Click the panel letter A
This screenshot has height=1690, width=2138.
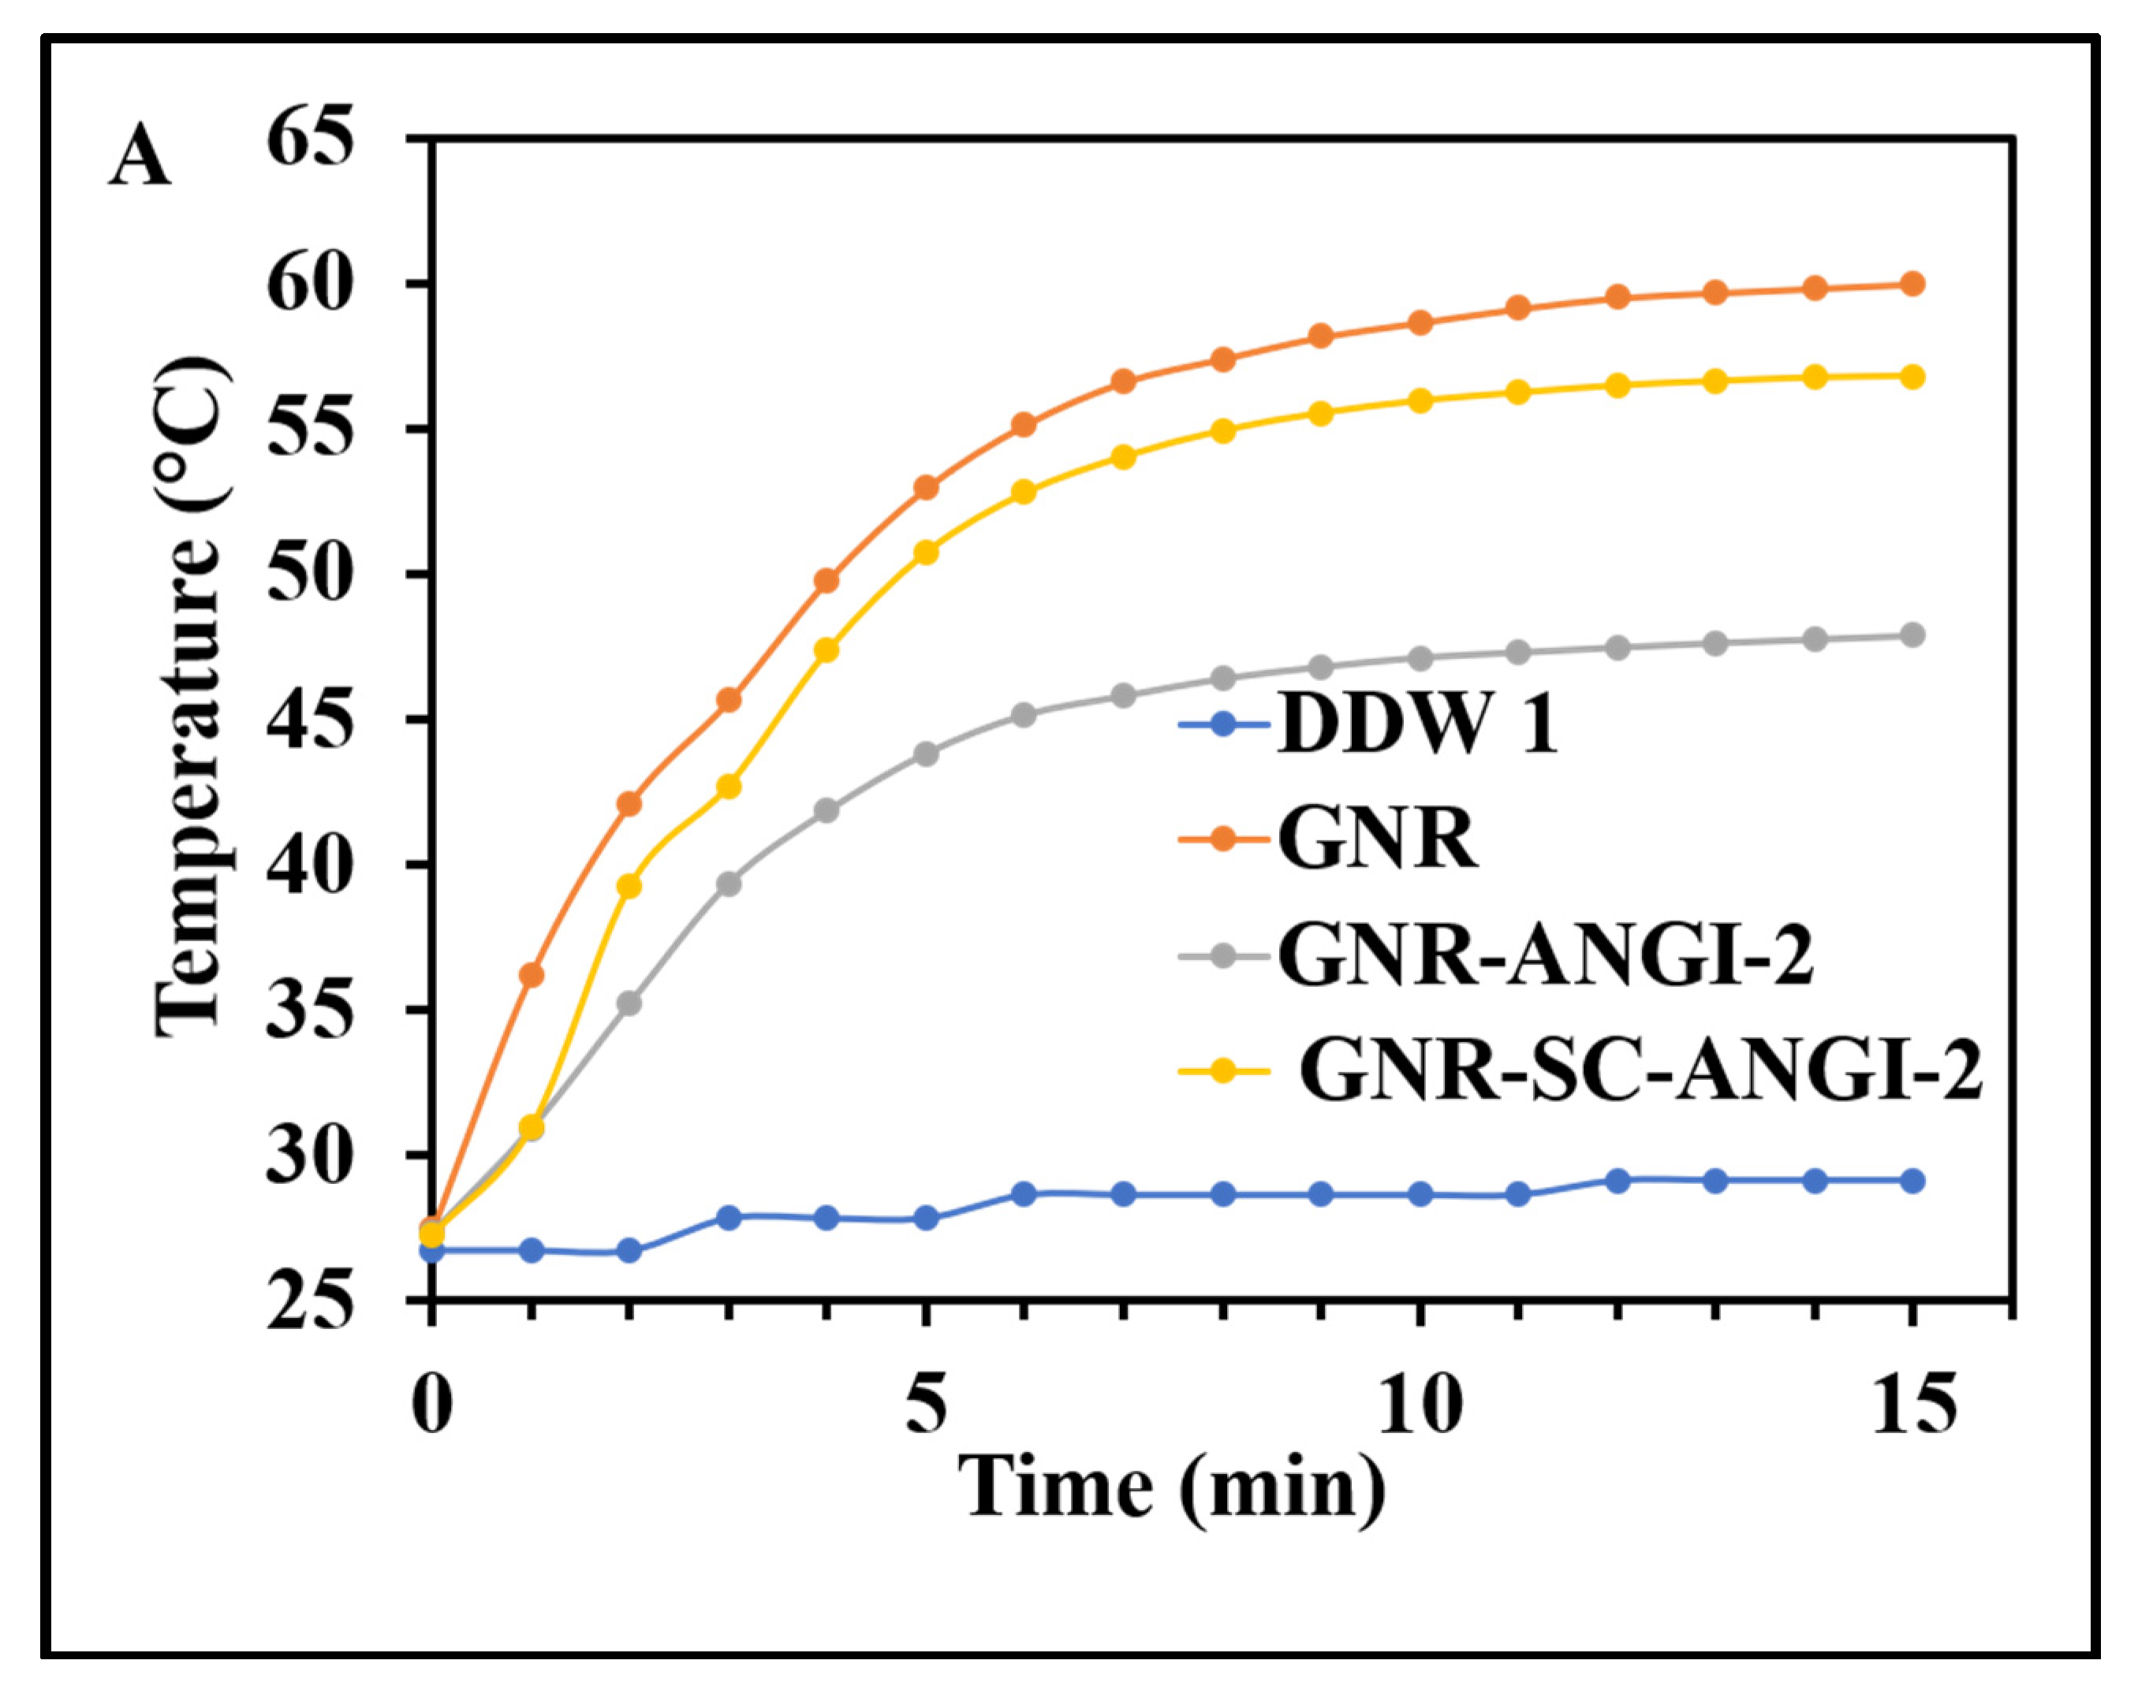click(140, 158)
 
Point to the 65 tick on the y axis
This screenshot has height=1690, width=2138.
click(310, 140)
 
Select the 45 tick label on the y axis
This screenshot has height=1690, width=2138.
click(310, 720)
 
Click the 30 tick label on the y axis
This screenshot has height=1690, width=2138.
click(310, 1156)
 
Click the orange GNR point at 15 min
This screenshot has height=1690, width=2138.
click(1913, 284)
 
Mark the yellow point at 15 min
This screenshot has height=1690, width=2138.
click(1913, 377)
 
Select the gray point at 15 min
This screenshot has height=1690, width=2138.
click(1913, 635)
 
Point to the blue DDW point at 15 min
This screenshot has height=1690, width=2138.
click(1913, 1181)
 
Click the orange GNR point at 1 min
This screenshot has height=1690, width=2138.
click(532, 974)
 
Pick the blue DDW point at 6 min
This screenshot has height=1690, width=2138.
click(1024, 1194)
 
